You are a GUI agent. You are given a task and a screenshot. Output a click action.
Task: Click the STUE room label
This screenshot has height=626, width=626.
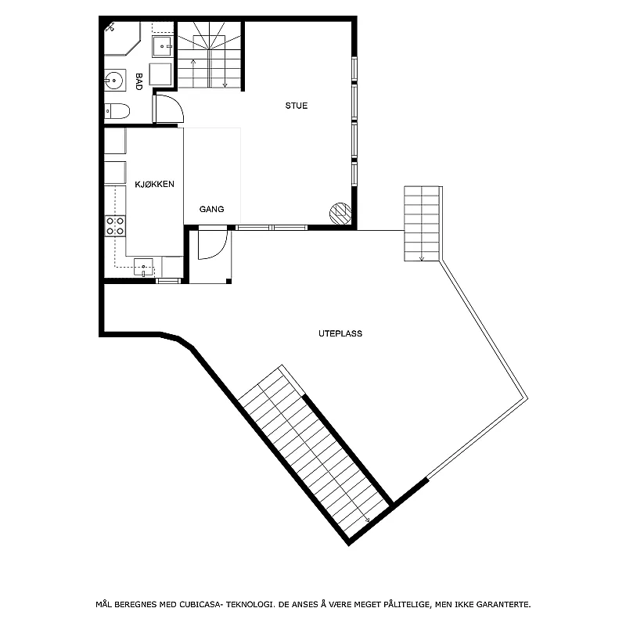297,106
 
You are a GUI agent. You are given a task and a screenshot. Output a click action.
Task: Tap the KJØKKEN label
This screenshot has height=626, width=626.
154,184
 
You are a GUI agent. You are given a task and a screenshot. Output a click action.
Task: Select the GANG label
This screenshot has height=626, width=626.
211,209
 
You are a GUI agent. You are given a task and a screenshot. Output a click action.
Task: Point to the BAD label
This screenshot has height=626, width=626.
139,81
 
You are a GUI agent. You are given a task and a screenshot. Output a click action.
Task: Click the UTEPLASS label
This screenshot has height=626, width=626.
340,334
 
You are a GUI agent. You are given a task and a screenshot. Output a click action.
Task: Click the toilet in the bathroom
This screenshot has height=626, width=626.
117,111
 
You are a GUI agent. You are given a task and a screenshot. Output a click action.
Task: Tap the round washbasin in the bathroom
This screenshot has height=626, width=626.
114,81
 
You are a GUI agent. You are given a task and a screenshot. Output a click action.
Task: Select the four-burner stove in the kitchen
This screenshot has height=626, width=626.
115,226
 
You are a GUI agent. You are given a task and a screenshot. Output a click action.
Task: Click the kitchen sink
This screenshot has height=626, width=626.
143,267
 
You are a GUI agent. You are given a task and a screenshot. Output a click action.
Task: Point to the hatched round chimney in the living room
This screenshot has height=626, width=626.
340,214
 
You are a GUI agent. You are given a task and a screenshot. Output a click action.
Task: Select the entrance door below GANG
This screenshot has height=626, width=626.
213,243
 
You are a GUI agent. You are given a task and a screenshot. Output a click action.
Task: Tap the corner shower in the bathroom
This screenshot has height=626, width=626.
122,38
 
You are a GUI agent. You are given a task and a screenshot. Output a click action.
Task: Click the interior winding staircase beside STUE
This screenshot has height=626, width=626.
209,55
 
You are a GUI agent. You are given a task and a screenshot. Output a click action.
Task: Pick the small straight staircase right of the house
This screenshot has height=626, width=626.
422,224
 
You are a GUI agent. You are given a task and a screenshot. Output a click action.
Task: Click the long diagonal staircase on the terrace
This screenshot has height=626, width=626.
314,452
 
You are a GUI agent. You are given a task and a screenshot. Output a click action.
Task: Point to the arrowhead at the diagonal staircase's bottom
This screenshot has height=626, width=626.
367,520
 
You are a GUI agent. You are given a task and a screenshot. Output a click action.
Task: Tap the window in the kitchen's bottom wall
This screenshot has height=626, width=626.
168,281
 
